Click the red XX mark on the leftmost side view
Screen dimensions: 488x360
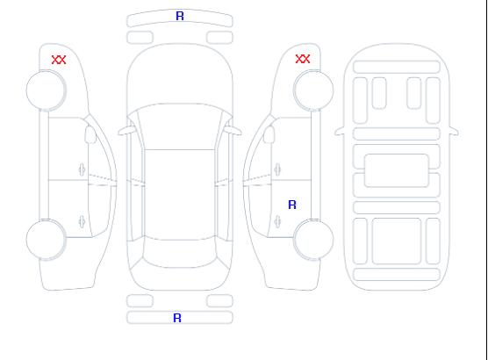pyautogui.click(x=59, y=60)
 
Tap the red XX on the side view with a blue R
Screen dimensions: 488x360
pyautogui.click(x=303, y=59)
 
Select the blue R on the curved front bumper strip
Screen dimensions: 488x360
pyautogui.click(x=180, y=16)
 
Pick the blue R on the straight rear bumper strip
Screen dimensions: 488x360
pyautogui.click(x=177, y=318)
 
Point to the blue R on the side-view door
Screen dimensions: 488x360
pyautogui.click(x=292, y=205)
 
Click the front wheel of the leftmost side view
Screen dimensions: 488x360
pyautogui.click(x=46, y=90)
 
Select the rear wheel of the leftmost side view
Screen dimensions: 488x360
pyautogui.click(x=46, y=240)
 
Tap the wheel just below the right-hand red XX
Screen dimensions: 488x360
pyautogui.click(x=313, y=90)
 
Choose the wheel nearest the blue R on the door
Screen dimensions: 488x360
pyautogui.click(x=313, y=239)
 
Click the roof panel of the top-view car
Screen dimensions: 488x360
pyautogui.click(x=180, y=195)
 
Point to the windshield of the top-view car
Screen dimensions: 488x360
pyautogui.click(x=180, y=126)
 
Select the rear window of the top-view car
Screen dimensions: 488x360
pyautogui.click(x=180, y=252)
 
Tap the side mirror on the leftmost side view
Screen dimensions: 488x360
pyautogui.click(x=90, y=134)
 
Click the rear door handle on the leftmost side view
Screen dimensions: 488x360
pyautogui.click(x=82, y=221)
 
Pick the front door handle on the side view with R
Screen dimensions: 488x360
pyautogui.click(x=277, y=169)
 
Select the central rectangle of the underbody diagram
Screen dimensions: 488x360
pyautogui.click(x=397, y=170)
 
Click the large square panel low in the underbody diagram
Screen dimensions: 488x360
pyautogui.click(x=397, y=241)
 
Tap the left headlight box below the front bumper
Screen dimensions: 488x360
pyautogui.click(x=140, y=38)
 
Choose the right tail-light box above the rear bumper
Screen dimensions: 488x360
pyautogui.click(x=219, y=301)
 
